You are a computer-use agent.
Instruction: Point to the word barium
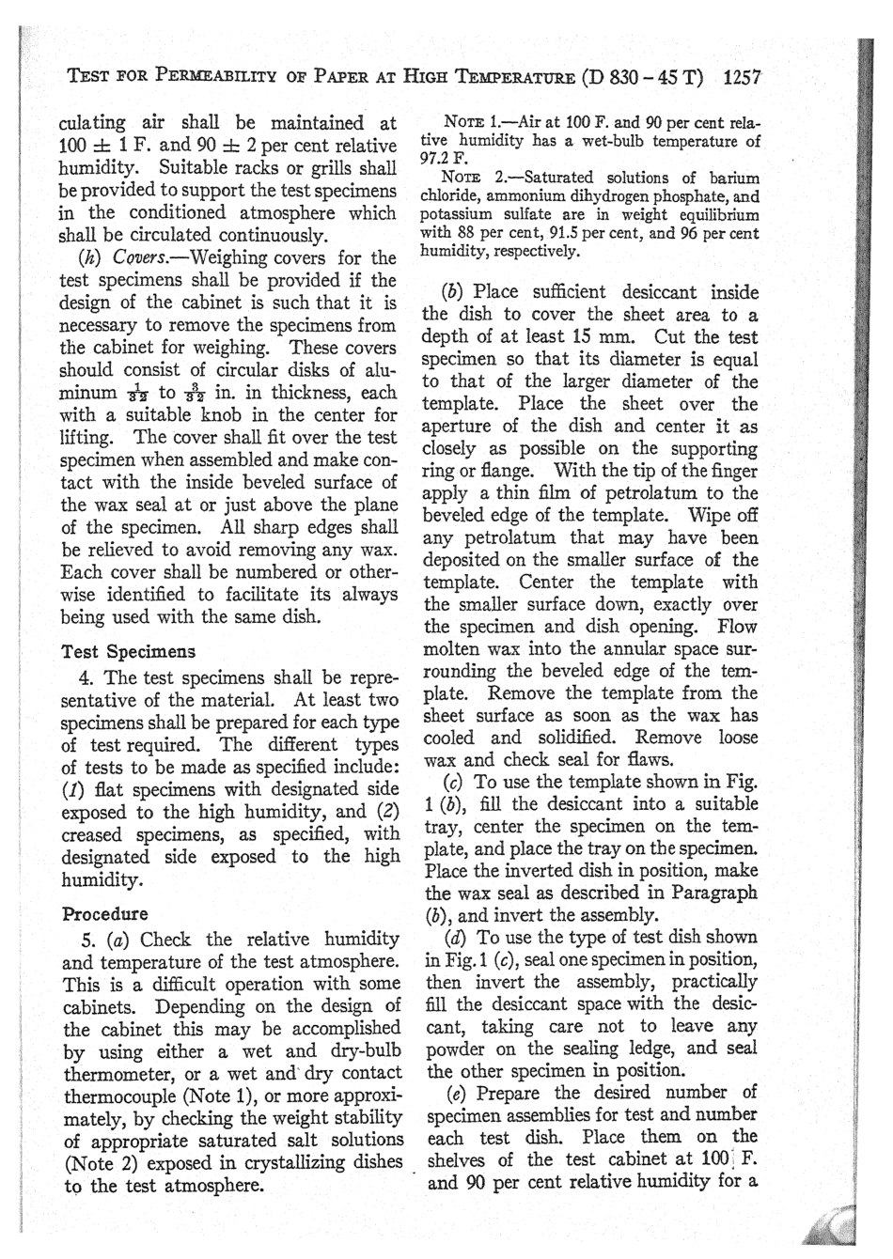[x=733, y=178]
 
